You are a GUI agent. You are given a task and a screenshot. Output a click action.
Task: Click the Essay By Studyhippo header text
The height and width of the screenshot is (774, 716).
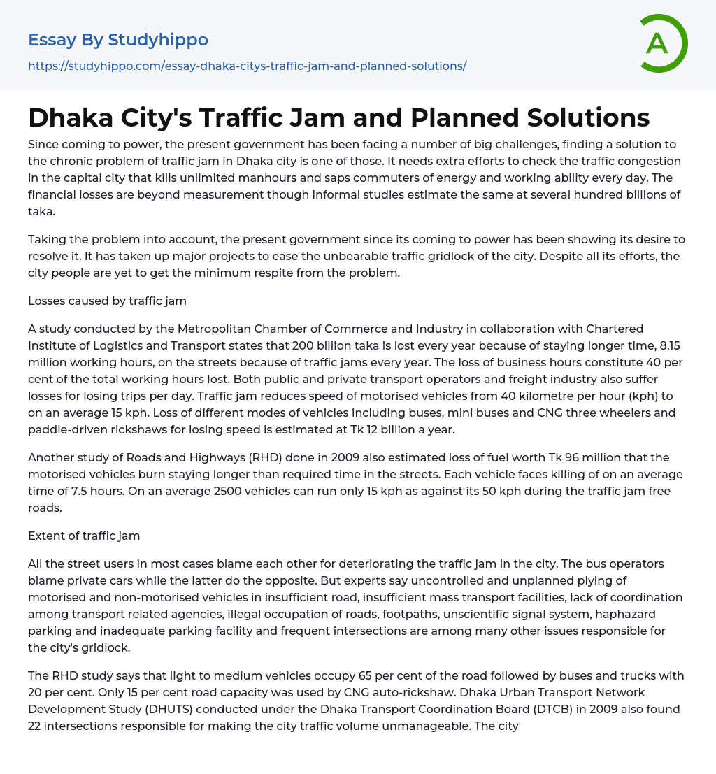118,40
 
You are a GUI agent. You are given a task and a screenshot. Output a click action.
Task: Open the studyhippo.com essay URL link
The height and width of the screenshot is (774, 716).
247,66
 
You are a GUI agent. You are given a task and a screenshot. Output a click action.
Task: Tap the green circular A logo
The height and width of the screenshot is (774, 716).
659,43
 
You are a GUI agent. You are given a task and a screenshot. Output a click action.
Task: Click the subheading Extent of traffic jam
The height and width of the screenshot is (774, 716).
84,536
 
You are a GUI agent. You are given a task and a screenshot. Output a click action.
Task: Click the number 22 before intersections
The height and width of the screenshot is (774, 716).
37,726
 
